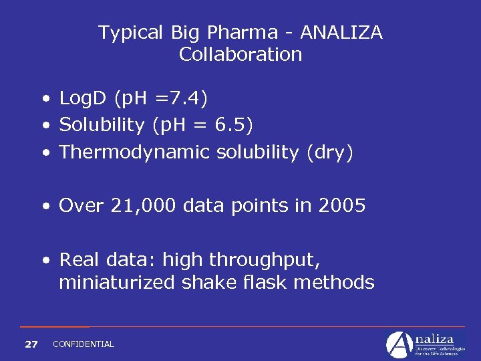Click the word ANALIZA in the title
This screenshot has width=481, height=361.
pos(341,32)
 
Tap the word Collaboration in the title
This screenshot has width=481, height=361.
pos(240,54)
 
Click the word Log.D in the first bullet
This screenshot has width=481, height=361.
pos(84,99)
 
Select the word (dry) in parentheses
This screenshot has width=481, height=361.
pos(329,152)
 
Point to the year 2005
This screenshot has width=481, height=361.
pos(342,205)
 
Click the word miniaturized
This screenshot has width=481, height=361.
pos(118,282)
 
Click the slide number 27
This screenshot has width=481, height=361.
pos(31,344)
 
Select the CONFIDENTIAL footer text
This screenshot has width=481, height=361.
pos(84,344)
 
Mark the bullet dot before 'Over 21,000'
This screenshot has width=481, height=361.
pos(45,206)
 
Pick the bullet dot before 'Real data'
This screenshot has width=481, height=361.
pos(45,259)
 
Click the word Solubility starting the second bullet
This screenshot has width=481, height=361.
pos(102,125)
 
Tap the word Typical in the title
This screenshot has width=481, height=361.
pos(131,32)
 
